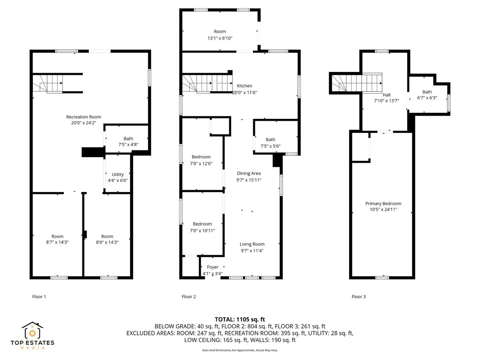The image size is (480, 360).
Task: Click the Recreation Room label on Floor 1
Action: pos(83,117)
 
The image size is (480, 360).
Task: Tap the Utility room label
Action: pos(118,174)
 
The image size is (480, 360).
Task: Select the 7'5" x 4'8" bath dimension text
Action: pos(128,145)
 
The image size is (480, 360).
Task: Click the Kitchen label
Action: pos(244,86)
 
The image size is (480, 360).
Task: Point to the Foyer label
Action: pos(212,267)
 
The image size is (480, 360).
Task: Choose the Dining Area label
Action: pos(248,173)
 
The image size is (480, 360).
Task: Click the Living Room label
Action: pos(252,244)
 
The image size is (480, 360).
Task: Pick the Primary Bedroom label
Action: pos(383,204)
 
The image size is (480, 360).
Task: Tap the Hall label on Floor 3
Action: pos(386,95)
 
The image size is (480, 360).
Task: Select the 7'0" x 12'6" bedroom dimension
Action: pos(202,163)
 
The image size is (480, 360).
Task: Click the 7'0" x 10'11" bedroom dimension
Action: pos(202,230)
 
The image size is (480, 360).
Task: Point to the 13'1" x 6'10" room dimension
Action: pos(220,38)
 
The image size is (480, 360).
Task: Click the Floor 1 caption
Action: pos(39,297)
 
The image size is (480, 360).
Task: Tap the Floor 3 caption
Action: pos(358,297)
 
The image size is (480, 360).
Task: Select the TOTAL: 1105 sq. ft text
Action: pos(240,319)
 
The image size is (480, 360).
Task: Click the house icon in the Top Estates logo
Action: pos(32,330)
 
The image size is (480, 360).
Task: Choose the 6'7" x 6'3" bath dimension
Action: pos(427,98)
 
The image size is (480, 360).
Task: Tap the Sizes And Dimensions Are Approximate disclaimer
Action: pos(240,350)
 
